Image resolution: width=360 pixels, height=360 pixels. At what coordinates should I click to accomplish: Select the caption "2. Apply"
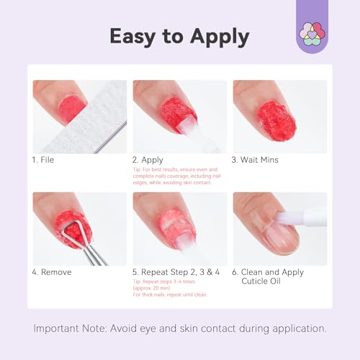(x=148, y=159)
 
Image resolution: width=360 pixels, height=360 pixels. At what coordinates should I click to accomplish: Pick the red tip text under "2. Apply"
(x=176, y=176)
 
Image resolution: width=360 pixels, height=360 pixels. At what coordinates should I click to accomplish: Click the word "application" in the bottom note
(x=297, y=329)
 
